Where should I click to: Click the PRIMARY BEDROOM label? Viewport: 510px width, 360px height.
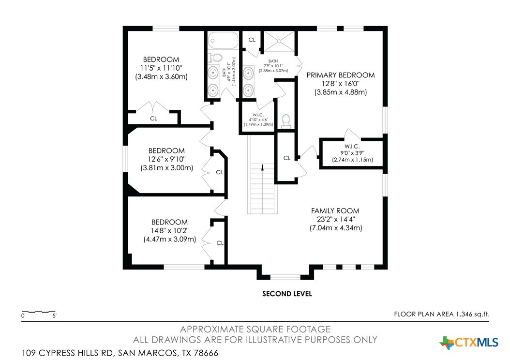341,75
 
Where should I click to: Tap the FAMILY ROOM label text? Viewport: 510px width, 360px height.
335,210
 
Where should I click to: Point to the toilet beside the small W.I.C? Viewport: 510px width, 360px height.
285,120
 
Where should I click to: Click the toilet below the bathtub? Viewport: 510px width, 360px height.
215,58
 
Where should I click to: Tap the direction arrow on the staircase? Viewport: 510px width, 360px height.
262,168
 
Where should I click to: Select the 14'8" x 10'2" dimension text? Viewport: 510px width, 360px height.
169,230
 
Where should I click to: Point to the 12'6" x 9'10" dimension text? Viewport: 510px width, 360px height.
167,159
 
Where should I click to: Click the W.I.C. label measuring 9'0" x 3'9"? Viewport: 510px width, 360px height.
351,146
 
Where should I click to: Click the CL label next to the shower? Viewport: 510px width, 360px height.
252,40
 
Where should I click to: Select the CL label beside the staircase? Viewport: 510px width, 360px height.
286,158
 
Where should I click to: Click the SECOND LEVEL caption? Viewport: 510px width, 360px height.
287,294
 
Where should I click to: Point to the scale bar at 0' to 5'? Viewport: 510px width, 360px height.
39,313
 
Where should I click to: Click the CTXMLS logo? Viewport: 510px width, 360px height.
469,343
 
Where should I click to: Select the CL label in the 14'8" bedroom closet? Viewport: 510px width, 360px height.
220,243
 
